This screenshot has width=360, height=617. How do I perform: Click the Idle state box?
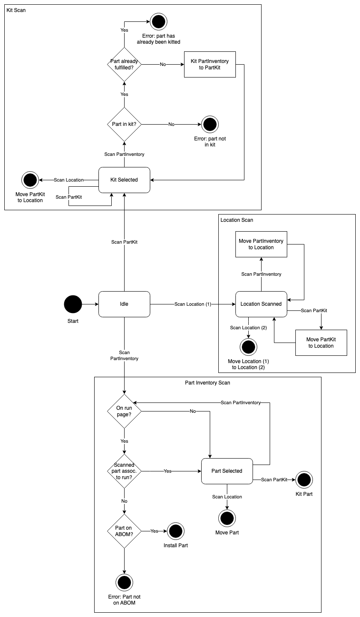click(x=124, y=304)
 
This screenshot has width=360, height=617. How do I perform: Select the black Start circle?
click(x=73, y=304)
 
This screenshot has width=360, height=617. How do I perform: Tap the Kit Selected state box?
click(x=124, y=180)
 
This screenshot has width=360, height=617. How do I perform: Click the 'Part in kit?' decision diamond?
click(x=124, y=124)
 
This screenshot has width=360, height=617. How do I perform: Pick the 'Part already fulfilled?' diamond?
click(x=124, y=65)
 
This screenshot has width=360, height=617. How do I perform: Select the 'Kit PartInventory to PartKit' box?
click(x=210, y=65)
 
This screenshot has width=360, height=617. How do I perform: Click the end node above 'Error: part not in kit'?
click(x=210, y=124)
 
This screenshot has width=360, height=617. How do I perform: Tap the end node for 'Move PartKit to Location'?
click(x=30, y=180)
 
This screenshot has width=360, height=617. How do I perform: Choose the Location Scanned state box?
click(x=261, y=304)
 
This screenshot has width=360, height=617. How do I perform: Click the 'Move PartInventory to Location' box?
click(x=261, y=244)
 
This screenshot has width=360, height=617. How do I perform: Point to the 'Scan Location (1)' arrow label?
click(x=193, y=304)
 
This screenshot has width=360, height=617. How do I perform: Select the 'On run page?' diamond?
click(x=124, y=411)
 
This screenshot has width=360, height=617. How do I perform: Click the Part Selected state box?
click(x=227, y=471)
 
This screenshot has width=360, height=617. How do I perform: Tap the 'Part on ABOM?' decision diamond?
click(x=124, y=531)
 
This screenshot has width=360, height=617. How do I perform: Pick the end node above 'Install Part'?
click(x=176, y=531)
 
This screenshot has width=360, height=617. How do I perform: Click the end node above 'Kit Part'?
click(x=304, y=480)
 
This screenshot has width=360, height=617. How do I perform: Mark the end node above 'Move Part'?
click(x=227, y=518)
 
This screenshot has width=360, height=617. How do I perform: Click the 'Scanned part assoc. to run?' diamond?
click(x=124, y=471)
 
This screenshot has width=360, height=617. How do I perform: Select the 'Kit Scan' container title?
click(x=16, y=10)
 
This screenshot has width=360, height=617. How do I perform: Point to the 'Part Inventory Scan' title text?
click(x=208, y=383)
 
